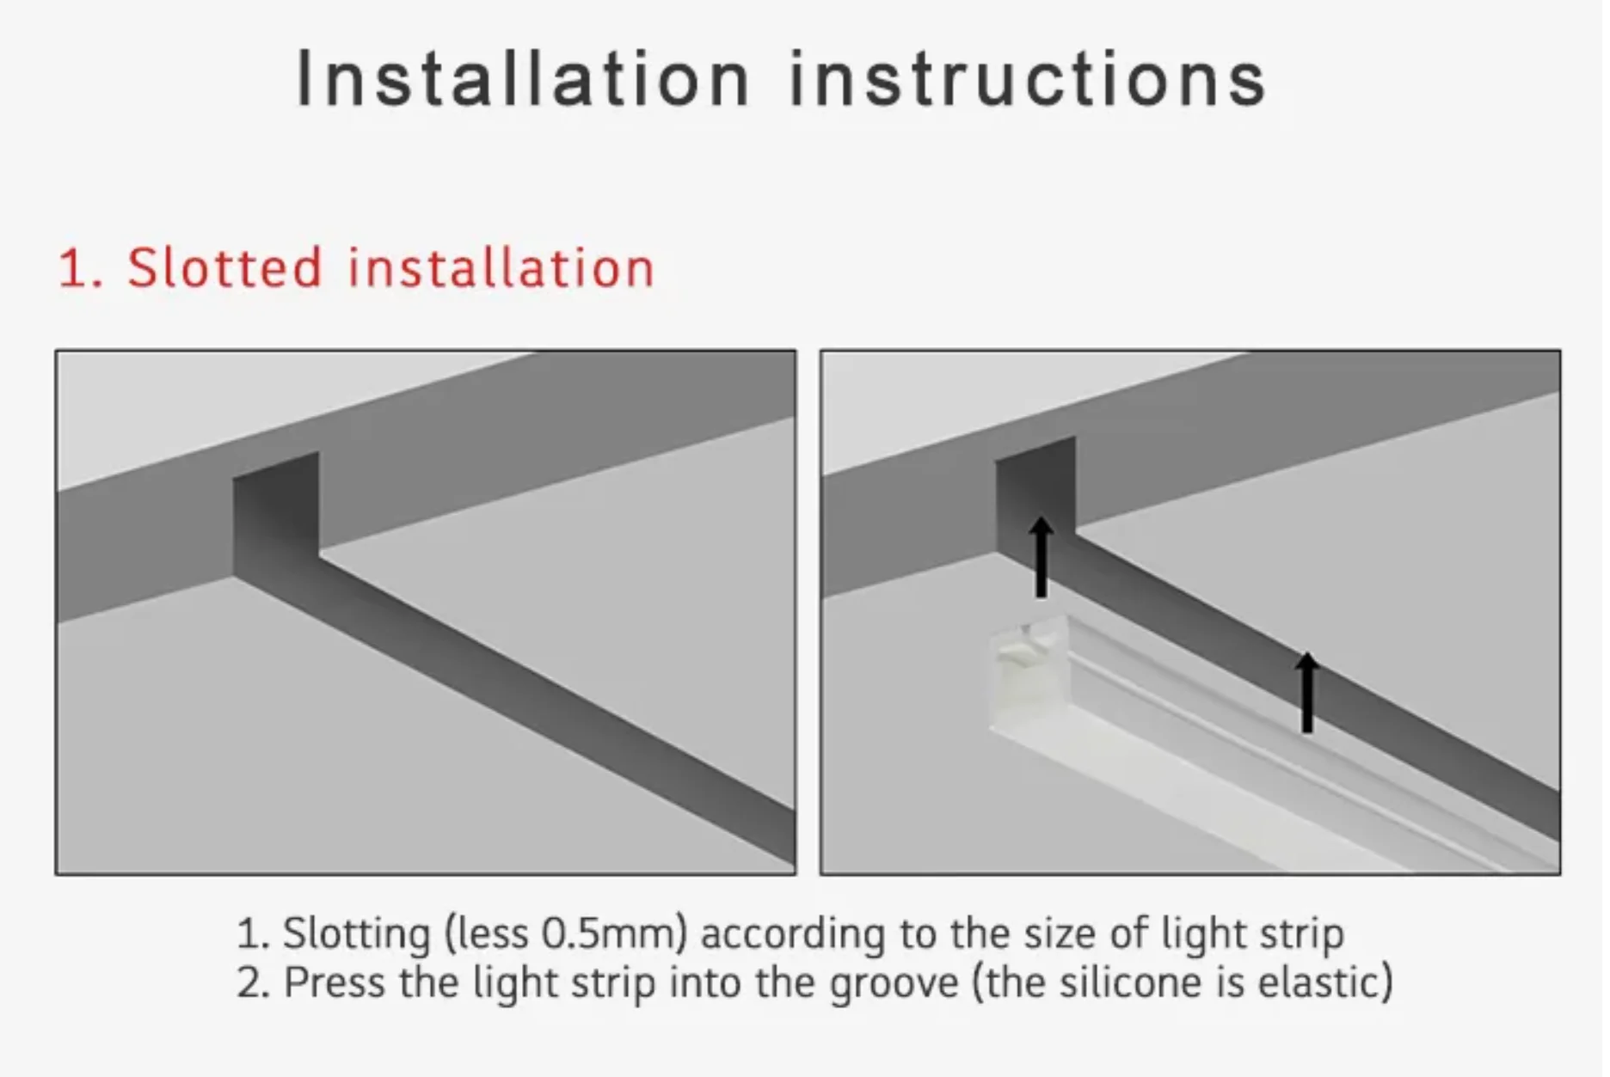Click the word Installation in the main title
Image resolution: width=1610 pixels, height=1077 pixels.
[523, 79]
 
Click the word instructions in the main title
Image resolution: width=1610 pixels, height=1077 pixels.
[1028, 79]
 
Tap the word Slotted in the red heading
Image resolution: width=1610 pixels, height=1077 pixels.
[224, 267]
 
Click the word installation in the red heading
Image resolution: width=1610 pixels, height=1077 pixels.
[501, 267]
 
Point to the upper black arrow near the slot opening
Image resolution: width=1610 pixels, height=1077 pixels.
[1042, 557]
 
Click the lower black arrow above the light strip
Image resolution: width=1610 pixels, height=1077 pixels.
[1307, 693]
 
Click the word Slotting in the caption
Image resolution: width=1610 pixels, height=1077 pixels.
[357, 934]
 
